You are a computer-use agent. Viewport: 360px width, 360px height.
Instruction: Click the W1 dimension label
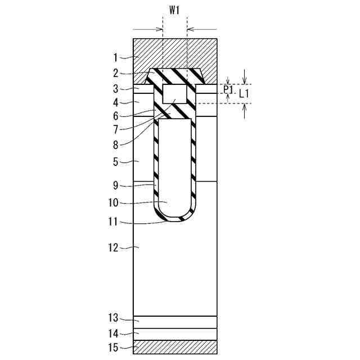(174, 11)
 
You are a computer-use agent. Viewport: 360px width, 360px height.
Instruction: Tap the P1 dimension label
(228, 90)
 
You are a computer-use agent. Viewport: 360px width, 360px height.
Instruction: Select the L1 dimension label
(244, 94)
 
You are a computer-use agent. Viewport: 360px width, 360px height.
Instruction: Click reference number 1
(116, 57)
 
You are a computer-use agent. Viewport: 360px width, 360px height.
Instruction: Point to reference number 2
(115, 73)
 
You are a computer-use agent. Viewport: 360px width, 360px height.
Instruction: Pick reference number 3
(115, 89)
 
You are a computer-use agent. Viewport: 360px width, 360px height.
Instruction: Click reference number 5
(115, 162)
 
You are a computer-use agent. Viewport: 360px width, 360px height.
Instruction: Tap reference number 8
(115, 145)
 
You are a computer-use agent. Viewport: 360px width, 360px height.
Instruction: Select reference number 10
(113, 203)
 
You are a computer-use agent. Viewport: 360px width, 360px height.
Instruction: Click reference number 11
(113, 222)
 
